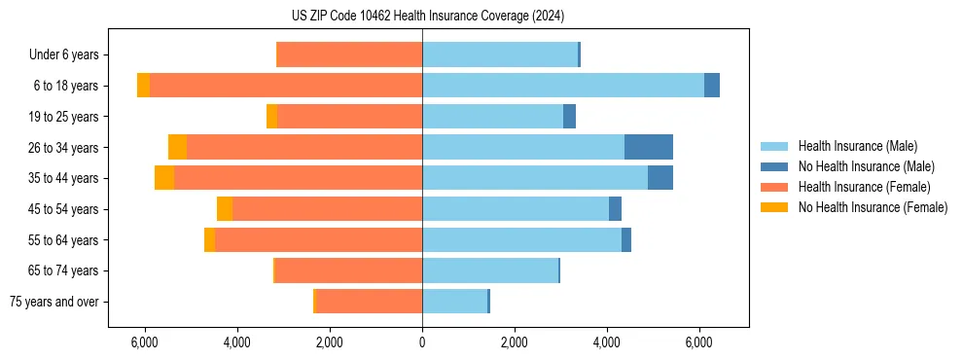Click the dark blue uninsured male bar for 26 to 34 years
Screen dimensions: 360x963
(648, 147)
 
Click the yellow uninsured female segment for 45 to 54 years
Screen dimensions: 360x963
(225, 209)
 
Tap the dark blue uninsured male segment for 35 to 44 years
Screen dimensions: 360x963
(660, 178)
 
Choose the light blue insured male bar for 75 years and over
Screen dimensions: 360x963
(454, 302)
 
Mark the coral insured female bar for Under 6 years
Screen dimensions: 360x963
(349, 54)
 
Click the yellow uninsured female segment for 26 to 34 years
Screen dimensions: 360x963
(177, 147)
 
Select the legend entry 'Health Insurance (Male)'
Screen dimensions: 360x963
(857, 146)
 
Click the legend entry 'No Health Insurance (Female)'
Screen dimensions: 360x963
(873, 207)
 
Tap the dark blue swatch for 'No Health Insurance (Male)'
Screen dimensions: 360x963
(774, 166)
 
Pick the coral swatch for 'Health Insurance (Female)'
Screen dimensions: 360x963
(774, 187)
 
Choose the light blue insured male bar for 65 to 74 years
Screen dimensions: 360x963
(490, 270)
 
